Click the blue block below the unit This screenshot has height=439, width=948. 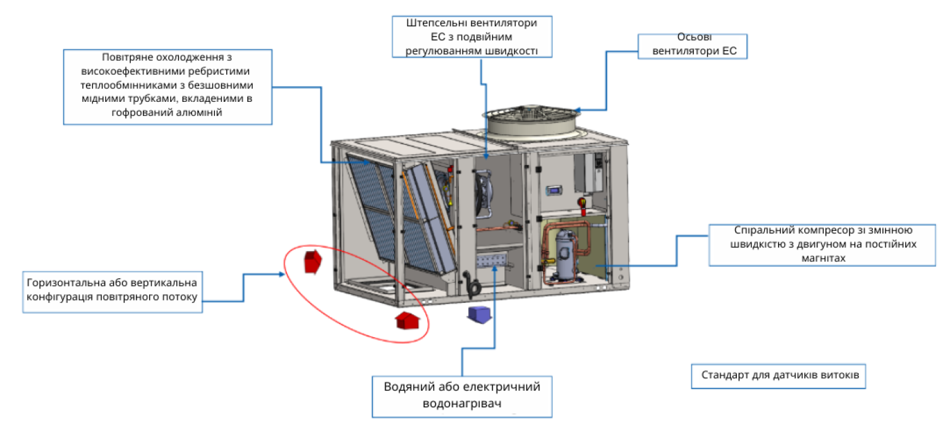coord(480,314)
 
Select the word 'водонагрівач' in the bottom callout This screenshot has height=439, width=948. coord(461,402)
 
